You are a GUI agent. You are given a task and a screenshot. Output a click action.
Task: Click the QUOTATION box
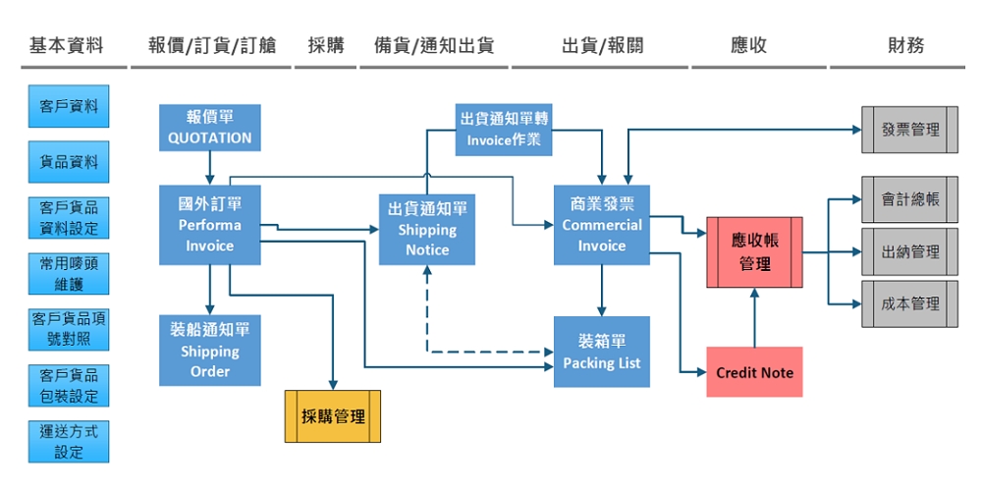click(x=210, y=128)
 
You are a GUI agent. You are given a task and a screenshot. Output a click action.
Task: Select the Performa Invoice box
click(x=210, y=225)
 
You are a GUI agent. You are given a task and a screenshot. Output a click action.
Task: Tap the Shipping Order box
click(x=210, y=351)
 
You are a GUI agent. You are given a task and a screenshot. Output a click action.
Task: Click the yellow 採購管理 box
click(x=333, y=416)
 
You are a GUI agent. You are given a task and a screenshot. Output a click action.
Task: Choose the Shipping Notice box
click(x=427, y=230)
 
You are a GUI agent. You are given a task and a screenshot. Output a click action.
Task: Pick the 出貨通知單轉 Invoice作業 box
click(x=504, y=129)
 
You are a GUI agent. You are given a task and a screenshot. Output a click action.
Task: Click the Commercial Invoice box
click(x=602, y=225)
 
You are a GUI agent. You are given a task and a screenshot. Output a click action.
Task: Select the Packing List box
click(x=602, y=352)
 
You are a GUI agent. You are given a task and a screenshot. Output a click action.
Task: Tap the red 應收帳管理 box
click(x=754, y=252)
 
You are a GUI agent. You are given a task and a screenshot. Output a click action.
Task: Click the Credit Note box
click(x=754, y=372)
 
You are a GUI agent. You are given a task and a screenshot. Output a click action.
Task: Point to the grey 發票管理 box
click(x=909, y=129)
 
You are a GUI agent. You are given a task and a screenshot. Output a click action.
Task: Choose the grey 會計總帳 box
click(x=909, y=199)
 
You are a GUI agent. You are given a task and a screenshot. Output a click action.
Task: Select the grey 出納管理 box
click(x=909, y=251)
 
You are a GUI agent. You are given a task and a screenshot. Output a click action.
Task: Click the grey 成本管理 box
click(x=909, y=303)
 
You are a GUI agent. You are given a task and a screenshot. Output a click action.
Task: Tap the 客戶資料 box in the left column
click(x=69, y=106)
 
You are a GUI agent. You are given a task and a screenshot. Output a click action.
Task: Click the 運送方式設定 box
click(x=69, y=442)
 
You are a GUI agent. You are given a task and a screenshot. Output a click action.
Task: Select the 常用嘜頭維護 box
click(x=69, y=274)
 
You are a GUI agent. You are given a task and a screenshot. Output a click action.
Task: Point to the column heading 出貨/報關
click(x=602, y=45)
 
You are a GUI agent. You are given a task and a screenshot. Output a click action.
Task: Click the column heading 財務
click(x=904, y=45)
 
